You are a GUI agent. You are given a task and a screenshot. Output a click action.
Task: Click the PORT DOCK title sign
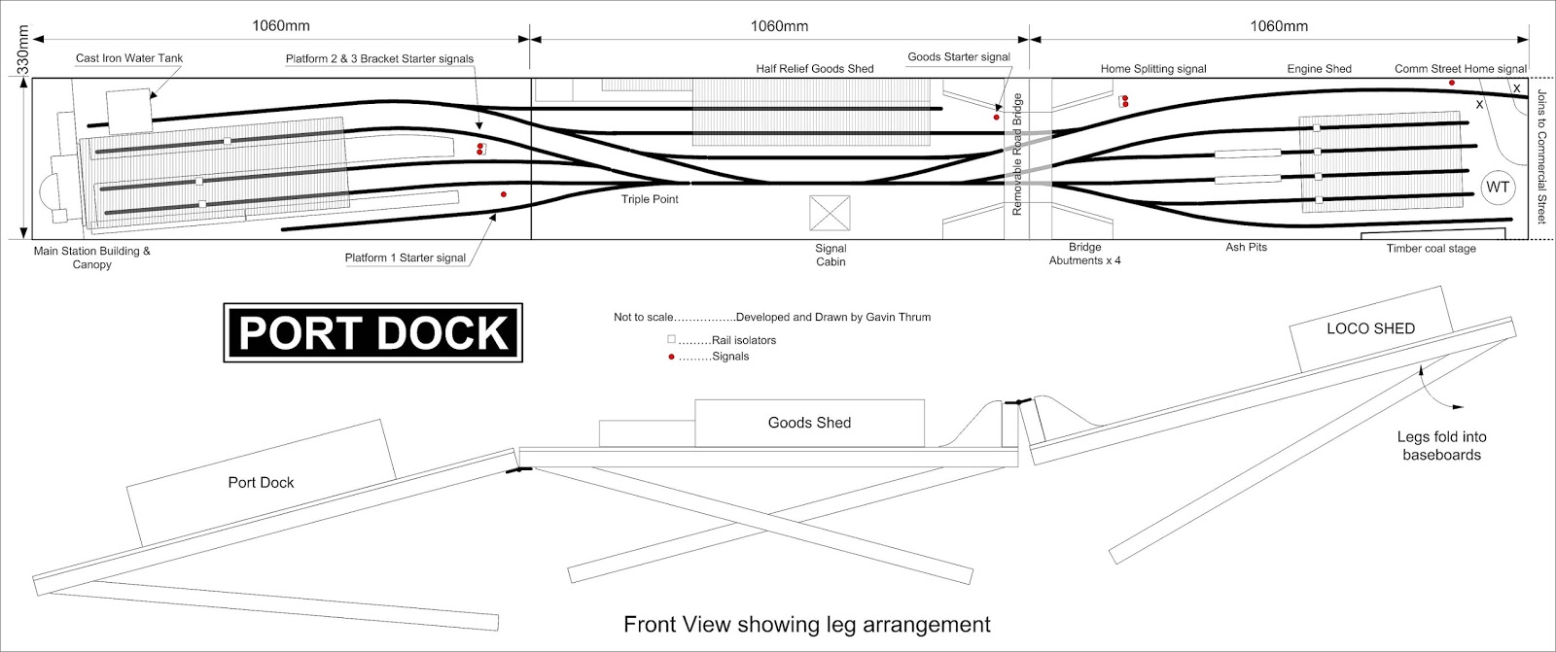(x=373, y=333)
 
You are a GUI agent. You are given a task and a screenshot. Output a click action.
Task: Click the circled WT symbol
(x=1498, y=188)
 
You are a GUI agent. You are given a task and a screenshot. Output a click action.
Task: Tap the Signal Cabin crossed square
(x=830, y=213)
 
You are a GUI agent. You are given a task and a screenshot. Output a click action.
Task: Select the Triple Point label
(x=650, y=199)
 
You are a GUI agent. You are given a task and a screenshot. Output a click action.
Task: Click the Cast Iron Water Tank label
(x=129, y=58)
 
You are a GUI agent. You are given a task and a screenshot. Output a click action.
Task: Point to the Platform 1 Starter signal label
(x=405, y=258)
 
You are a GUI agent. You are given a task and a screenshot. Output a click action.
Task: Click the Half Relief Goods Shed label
(x=814, y=69)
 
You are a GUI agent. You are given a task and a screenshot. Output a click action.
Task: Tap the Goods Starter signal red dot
(x=997, y=118)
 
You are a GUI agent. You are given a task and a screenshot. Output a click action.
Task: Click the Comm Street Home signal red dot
(x=1452, y=84)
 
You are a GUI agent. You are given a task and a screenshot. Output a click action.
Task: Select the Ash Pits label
(x=1246, y=248)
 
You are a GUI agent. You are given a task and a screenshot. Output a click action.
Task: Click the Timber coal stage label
(x=1431, y=249)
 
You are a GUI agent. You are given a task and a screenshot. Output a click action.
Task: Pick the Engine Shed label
(x=1319, y=69)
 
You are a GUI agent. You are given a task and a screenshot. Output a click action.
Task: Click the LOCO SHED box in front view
(x=1370, y=329)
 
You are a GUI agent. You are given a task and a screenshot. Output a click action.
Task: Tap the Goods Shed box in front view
(x=809, y=423)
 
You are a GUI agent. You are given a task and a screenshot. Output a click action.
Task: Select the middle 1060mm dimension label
(x=779, y=26)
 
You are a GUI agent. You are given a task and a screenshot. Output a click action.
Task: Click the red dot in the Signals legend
(x=671, y=357)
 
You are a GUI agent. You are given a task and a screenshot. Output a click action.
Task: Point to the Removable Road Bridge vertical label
(x=1017, y=154)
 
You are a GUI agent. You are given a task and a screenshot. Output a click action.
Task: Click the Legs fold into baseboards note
(x=1441, y=446)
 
